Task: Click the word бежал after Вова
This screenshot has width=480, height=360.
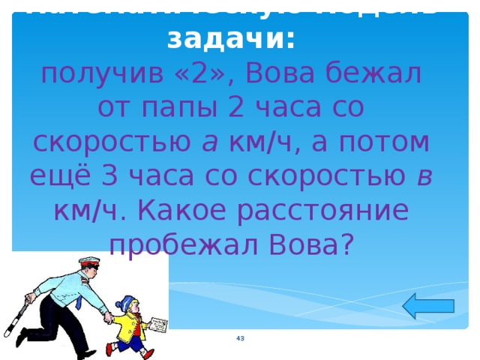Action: (x=384, y=75)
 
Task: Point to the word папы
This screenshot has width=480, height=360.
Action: (x=175, y=108)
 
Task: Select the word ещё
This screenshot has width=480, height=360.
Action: (x=55, y=175)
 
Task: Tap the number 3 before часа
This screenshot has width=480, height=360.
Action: (x=107, y=175)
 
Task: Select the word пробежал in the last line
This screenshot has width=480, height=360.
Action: (x=175, y=241)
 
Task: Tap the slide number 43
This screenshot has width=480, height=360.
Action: (x=240, y=340)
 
